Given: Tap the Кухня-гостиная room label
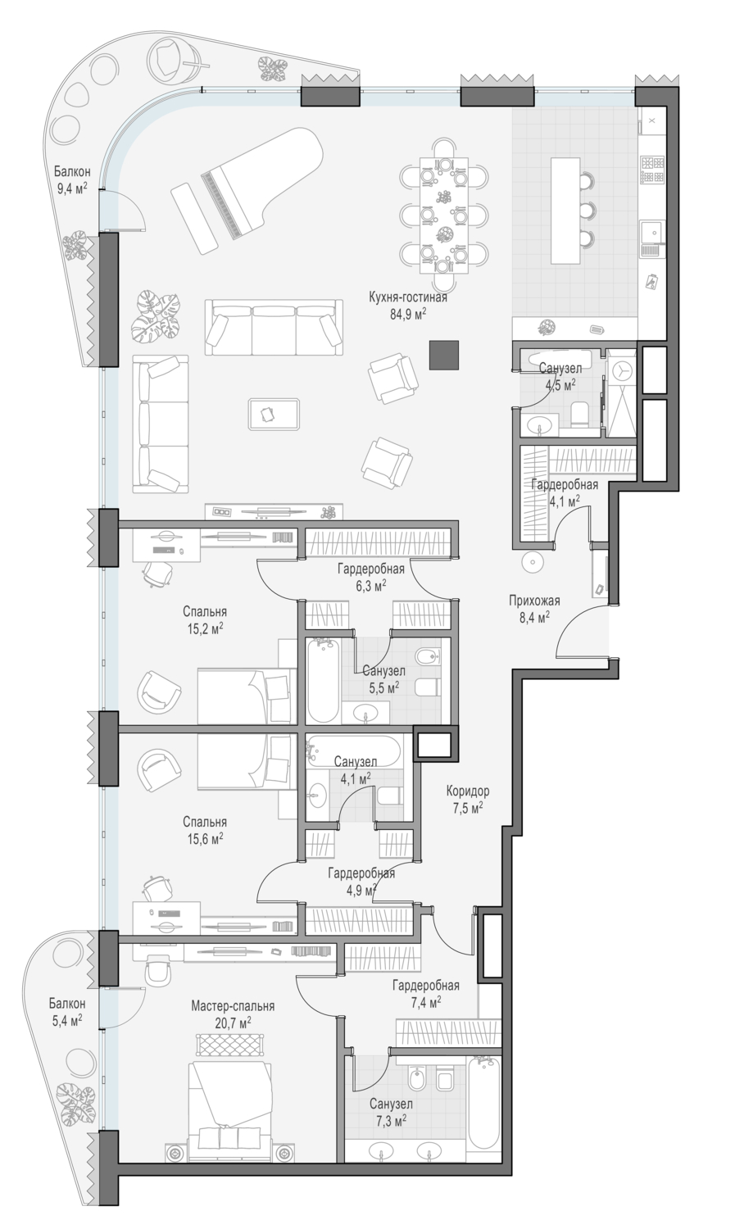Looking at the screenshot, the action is coord(408,297).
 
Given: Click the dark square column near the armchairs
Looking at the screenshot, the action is coord(444,355).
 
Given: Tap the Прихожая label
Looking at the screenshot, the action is coord(534,601).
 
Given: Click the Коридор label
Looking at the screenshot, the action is coord(467,791).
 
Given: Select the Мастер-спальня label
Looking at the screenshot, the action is coord(233,1006).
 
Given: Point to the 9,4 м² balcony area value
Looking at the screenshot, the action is coord(72,189).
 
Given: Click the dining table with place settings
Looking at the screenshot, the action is coord(444,215).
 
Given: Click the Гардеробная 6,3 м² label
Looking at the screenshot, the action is coord(371,577).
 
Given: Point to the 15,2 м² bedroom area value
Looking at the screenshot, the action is coord(205,628).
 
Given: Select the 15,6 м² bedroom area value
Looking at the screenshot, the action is coord(205,839).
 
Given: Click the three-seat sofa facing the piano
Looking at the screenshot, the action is coord(274,327).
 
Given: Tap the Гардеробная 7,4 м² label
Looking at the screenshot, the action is coord(425,994).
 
